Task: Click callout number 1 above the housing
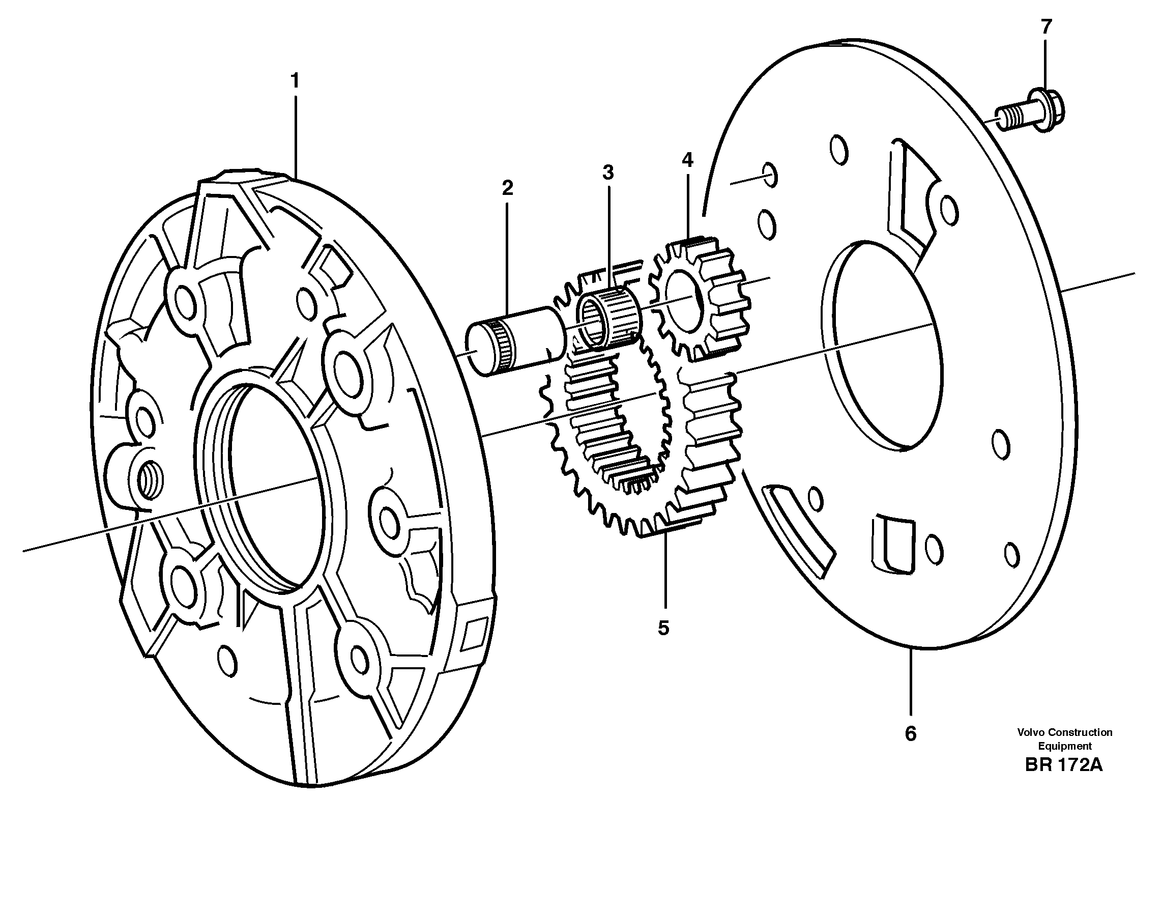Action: coord(294,81)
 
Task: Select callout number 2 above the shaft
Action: coord(507,188)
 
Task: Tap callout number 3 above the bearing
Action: coord(607,173)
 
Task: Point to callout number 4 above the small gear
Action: coord(687,160)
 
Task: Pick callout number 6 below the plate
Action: coord(910,734)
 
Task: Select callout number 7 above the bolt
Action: coord(1045,26)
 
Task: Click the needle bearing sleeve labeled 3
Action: coord(608,321)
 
